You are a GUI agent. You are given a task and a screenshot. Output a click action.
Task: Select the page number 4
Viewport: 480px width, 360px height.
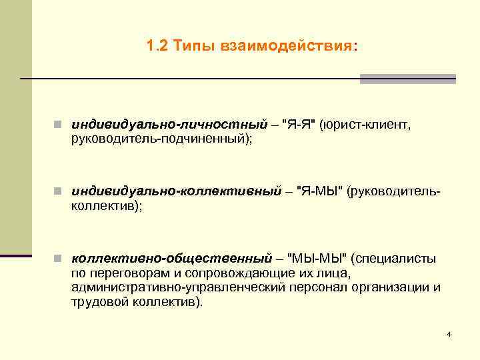449,333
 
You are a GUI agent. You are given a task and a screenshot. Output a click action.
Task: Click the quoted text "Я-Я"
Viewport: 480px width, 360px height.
298,125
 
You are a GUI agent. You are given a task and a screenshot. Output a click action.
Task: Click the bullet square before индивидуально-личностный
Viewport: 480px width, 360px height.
59,125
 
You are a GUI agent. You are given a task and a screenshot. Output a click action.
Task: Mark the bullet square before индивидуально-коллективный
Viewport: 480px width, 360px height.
59,192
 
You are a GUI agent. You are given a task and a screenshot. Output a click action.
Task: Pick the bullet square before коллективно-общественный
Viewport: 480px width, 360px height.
59,258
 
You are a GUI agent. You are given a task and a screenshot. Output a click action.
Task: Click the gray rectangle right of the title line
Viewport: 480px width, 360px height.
407,79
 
